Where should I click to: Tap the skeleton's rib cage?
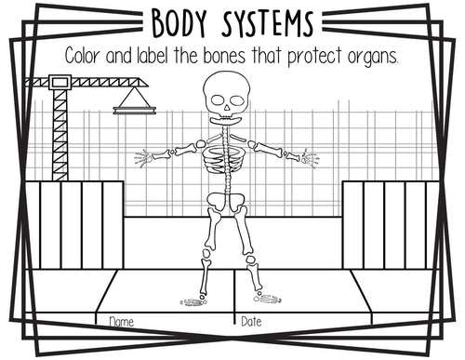(222, 153)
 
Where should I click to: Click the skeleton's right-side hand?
(306, 158)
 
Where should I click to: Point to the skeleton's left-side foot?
(193, 300)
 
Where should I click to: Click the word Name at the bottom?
(122, 322)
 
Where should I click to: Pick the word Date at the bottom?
(252, 322)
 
